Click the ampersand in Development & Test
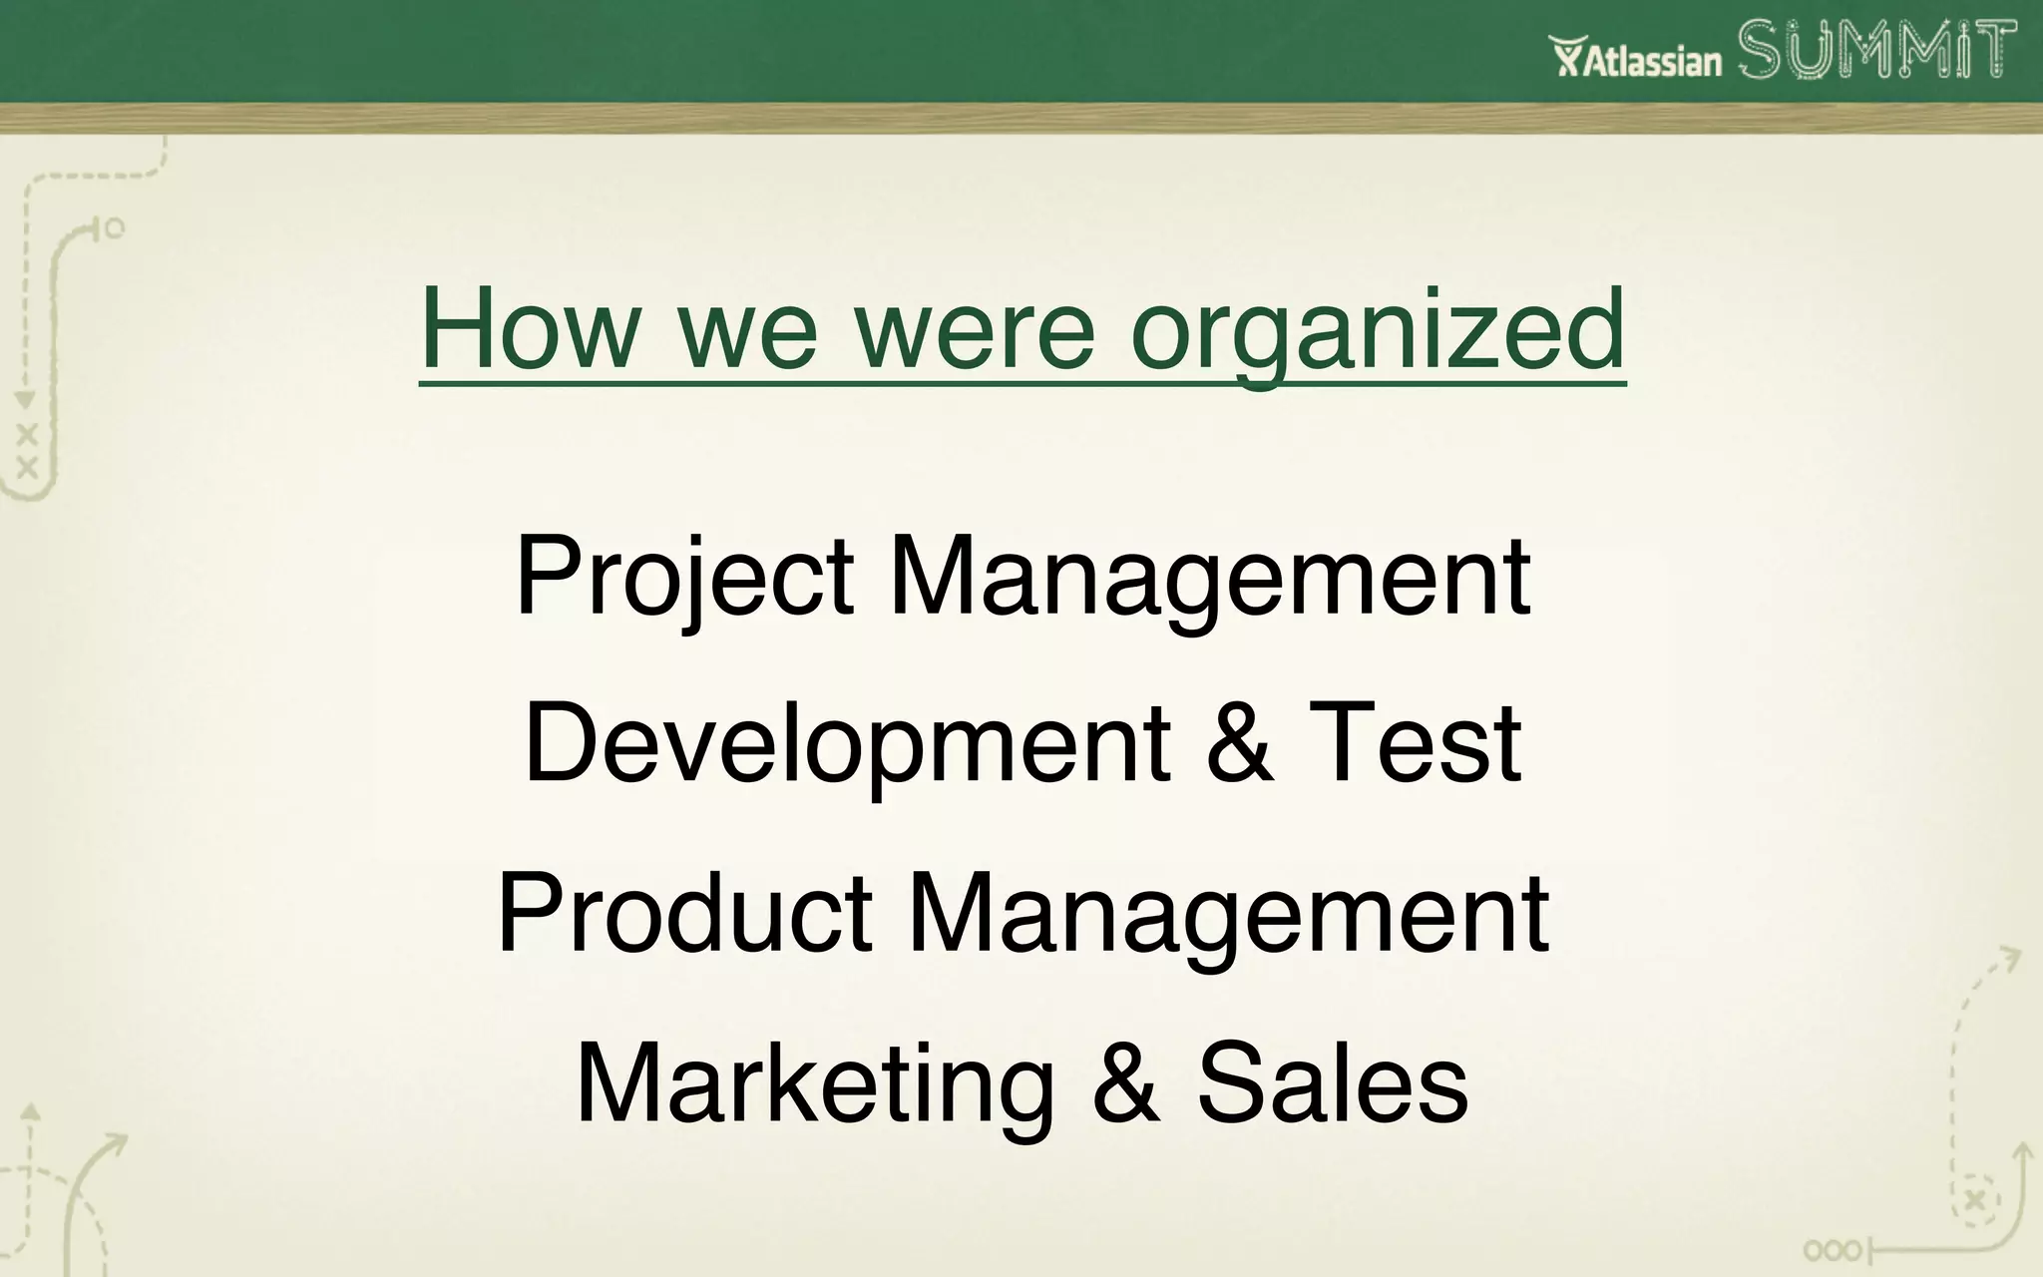pos(1239,744)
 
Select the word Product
pos(685,912)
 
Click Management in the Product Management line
pos(1228,914)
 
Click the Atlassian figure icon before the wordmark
pos(1566,56)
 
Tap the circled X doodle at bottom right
pos(1974,1200)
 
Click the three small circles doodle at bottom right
pos(1833,1250)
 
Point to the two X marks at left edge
pos(27,450)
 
